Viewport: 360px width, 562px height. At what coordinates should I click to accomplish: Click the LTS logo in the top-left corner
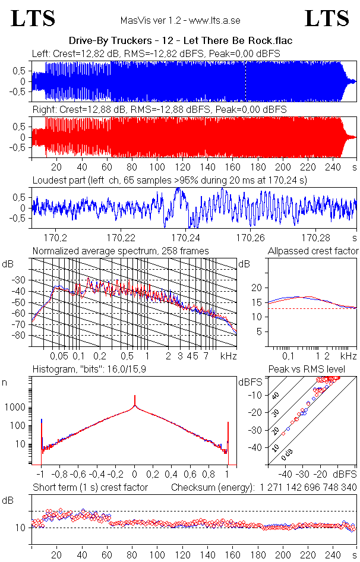click(33, 18)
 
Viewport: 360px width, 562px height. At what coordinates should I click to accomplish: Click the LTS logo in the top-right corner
click(326, 18)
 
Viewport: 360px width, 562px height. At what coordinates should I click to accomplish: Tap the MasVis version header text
click(180, 20)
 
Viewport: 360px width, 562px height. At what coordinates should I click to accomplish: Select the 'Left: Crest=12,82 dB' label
click(76, 53)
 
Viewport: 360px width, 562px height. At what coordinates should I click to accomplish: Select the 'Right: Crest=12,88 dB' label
click(78, 110)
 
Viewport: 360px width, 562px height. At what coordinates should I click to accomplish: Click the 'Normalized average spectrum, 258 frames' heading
click(121, 251)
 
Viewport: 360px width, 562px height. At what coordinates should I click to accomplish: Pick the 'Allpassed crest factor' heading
click(313, 251)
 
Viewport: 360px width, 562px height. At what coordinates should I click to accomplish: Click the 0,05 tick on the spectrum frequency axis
click(59, 356)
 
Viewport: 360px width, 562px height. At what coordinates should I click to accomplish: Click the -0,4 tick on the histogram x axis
click(97, 475)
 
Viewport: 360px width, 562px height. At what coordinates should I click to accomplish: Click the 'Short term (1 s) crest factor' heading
click(90, 487)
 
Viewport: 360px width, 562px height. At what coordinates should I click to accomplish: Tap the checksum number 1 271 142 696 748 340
click(308, 487)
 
